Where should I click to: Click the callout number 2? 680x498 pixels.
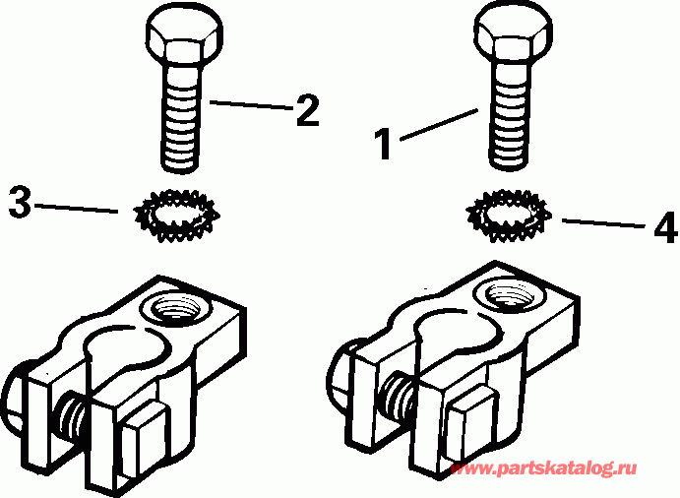pos(306,110)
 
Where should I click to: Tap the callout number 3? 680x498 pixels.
pos(21,204)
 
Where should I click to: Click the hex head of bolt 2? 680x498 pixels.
pos(181,36)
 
